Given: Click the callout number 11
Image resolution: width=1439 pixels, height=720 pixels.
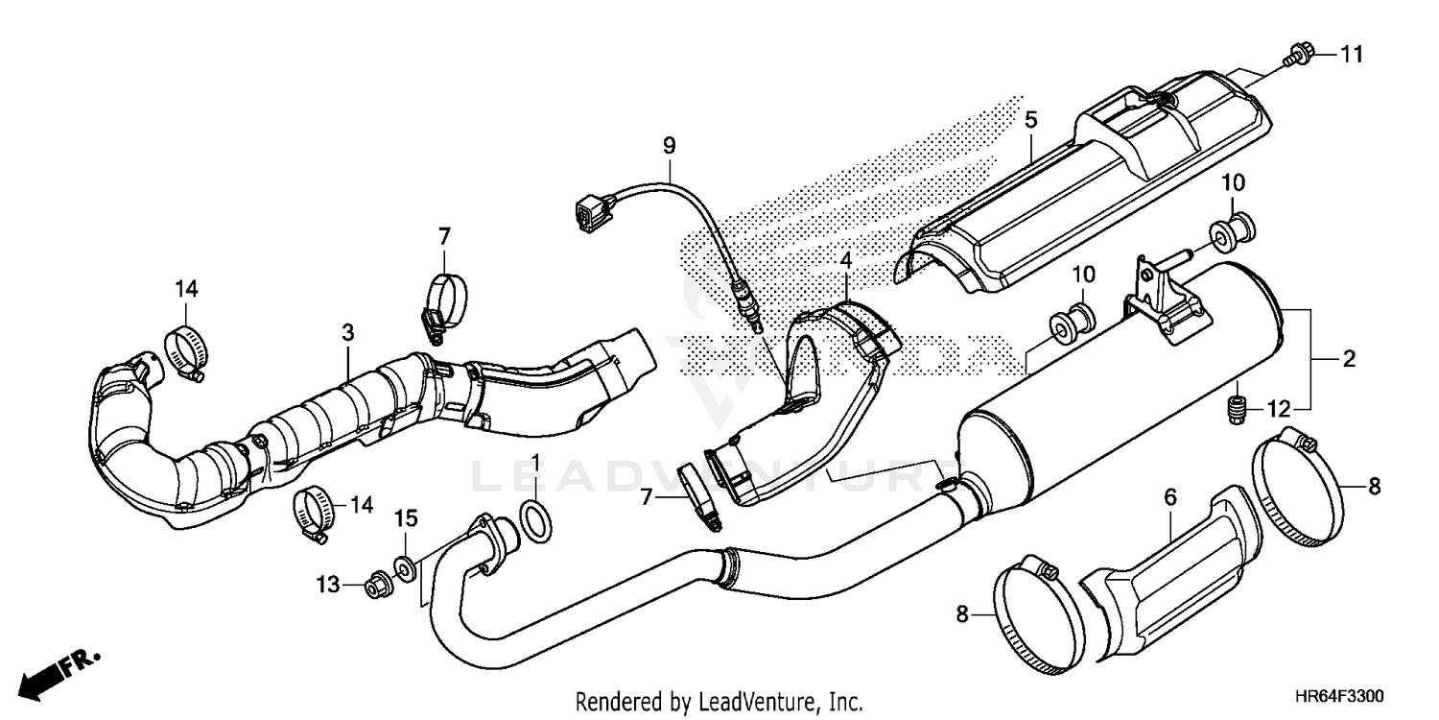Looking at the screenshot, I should coord(1351,55).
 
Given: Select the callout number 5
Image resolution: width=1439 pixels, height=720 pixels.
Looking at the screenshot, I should coord(1030,121).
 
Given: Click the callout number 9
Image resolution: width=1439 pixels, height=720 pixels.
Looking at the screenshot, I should coord(669,145).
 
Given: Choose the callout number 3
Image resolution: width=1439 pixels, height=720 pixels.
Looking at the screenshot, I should coord(347,332).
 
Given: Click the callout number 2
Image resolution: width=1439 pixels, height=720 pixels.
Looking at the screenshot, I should coord(1348,359).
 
